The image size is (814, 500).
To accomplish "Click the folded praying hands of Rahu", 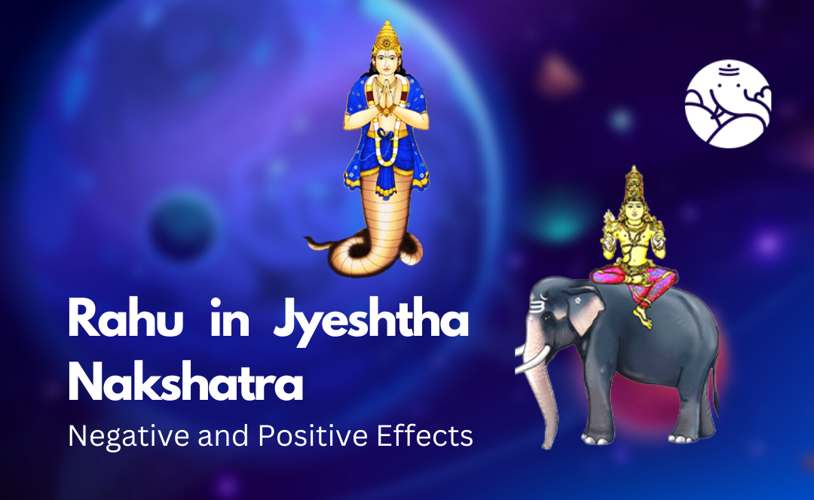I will click(x=386, y=94).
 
